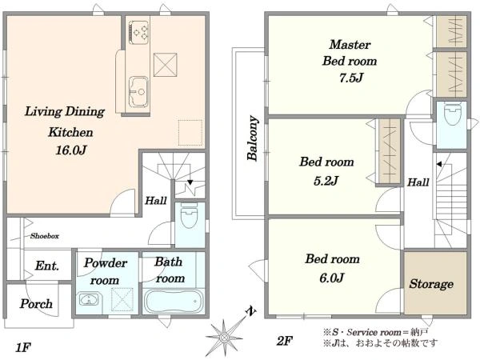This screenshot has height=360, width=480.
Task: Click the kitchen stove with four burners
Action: click(138, 32)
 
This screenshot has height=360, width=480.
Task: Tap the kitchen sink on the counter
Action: click(138, 91)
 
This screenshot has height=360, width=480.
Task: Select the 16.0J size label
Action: click(71, 150)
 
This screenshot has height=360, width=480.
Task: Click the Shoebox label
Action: click(45, 236)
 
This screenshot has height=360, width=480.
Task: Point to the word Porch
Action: click(36, 304)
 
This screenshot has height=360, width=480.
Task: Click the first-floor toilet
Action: click(189, 216)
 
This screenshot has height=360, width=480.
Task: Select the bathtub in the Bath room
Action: click(174, 301)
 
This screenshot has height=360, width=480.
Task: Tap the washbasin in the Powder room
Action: click(89, 299)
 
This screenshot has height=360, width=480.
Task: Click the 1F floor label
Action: click(23, 347)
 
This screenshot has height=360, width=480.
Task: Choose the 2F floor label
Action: click(284, 341)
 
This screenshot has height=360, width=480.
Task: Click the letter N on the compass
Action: click(251, 312)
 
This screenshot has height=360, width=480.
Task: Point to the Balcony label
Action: click(253, 138)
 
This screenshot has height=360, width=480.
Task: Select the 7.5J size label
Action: click(351, 78)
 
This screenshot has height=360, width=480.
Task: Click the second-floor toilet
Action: click(452, 114)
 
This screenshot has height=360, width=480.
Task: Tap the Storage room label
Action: click(431, 284)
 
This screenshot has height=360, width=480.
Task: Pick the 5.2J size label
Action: click(326, 181)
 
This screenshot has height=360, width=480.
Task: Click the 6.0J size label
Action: click(332, 278)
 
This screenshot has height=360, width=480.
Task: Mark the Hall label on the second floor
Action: click(418, 182)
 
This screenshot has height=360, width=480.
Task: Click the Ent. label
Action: click(47, 266)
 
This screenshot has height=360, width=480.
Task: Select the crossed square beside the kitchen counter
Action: click(166, 65)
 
